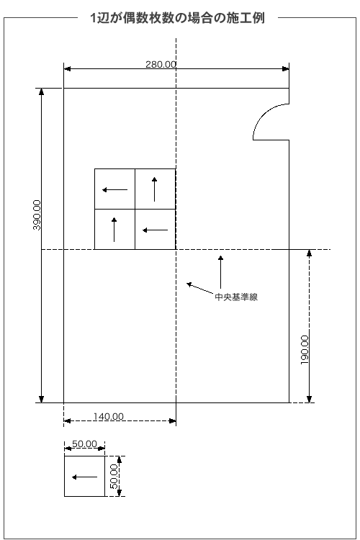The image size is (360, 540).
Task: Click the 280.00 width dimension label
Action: (x=161, y=64)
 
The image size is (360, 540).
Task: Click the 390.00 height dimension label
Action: (x=37, y=215)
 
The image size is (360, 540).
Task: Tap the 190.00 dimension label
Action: (x=305, y=350)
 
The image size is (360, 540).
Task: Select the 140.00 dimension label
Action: (x=108, y=416)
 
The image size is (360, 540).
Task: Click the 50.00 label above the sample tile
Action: (x=84, y=444)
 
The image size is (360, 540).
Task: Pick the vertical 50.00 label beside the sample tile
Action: (x=114, y=477)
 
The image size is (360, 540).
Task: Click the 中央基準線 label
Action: (x=236, y=297)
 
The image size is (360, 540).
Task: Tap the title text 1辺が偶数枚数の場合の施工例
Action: (x=177, y=18)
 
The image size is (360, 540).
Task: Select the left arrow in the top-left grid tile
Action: (x=114, y=190)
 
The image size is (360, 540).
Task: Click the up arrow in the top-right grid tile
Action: (x=154, y=189)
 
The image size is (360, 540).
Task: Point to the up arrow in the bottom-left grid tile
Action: (x=114, y=230)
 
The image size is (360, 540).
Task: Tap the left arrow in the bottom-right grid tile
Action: (x=155, y=230)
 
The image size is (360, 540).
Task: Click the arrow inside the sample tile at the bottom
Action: (x=84, y=477)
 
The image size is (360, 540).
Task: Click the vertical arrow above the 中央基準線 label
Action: (x=220, y=272)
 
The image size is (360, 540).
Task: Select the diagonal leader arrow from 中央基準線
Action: (x=200, y=288)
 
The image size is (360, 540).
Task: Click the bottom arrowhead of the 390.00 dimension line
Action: (x=41, y=399)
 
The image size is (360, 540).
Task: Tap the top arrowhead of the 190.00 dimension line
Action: (x=309, y=253)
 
